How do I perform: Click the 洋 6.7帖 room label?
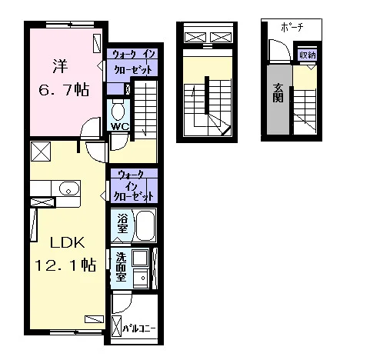pos(64,78)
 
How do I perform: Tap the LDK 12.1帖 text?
pos(65,254)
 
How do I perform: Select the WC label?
pos(120,126)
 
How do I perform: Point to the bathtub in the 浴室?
pos(145,225)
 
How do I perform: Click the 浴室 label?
pos(122,223)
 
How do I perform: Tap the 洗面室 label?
pos(121,267)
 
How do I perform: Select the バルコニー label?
pos(139,328)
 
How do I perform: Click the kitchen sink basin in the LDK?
pos(68,189)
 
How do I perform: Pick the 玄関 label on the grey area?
pos(278,93)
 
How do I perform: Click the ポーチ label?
pos(292,28)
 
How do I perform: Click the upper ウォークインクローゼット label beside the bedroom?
pos(133,62)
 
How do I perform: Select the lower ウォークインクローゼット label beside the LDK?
pos(133,185)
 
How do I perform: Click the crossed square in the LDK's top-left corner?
pos(41,152)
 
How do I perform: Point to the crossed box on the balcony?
pos(117,326)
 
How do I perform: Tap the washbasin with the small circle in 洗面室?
pos(141,278)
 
